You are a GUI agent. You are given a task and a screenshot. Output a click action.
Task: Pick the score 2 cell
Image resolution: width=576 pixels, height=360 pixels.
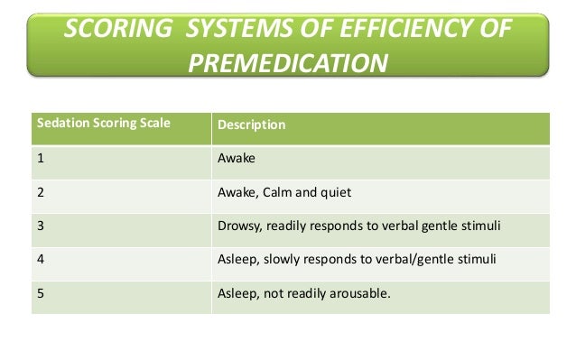point(42,190)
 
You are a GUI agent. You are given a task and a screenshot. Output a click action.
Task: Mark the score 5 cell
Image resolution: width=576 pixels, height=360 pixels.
point(42,291)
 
